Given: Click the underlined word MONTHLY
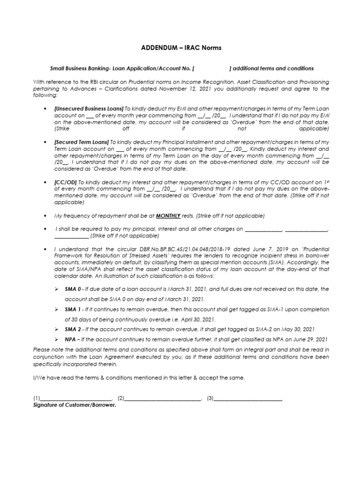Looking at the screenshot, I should (x=168, y=216).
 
